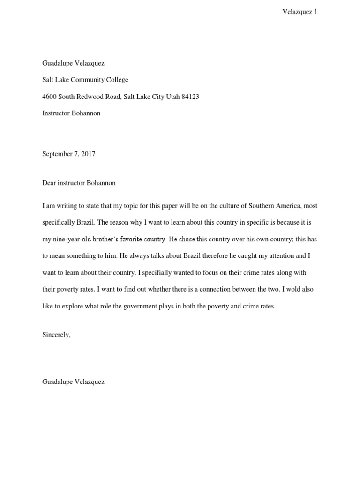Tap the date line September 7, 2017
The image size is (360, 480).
click(69, 153)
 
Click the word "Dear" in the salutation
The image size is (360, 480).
click(50, 183)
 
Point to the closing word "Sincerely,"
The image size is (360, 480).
click(56, 335)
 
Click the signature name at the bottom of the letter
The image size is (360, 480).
click(73, 382)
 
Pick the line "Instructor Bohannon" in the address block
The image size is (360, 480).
click(71, 113)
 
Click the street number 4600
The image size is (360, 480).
click(49, 97)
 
